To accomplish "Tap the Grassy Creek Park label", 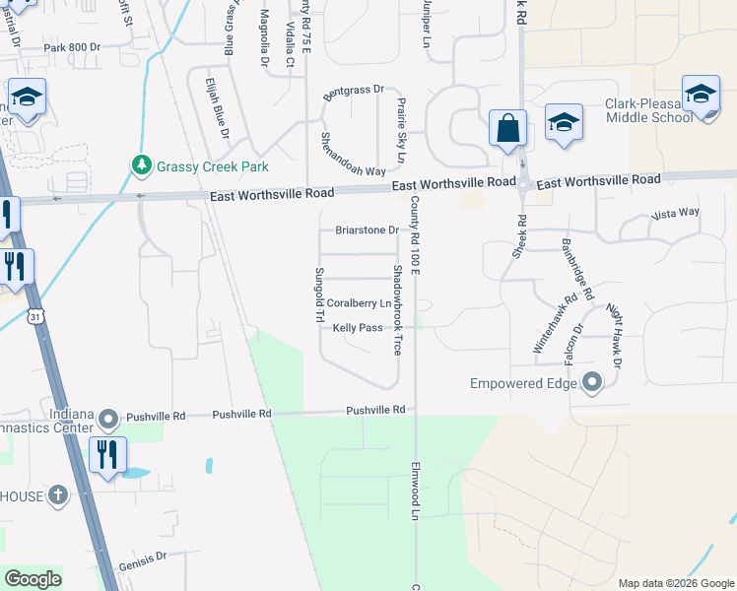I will point(212,166).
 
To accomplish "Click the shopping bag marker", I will point(507,129).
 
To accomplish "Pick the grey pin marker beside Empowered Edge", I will point(592,381).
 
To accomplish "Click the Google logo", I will point(33,579).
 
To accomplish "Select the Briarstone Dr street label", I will point(366,230).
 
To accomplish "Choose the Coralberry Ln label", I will point(359,303).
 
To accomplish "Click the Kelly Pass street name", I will point(358,328).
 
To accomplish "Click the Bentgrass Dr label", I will point(351,90).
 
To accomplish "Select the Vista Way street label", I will point(675,213).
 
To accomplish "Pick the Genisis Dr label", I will point(143,557).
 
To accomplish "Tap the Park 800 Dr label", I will point(72,47).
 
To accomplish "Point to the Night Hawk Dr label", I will point(614,338).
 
